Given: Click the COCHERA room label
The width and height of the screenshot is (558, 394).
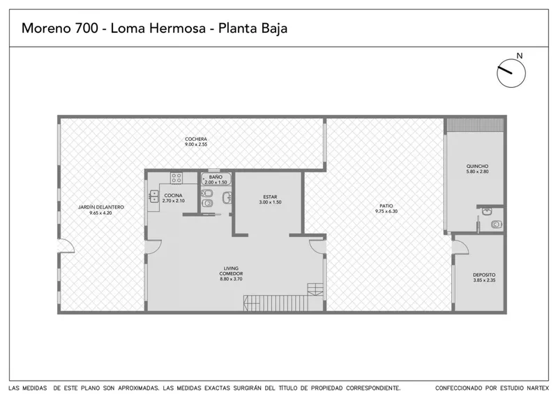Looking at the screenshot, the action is pos(196,139).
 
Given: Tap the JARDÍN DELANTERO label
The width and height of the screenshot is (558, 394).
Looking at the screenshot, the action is pos(101,207).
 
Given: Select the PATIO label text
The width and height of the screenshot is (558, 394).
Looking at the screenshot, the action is pos(386,206).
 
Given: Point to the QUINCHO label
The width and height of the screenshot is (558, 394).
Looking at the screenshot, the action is pos(477,166).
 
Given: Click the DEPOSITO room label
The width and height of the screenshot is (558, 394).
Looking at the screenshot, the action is pos(484,275).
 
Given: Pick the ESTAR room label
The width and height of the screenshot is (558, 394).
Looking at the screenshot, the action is pos(270,197).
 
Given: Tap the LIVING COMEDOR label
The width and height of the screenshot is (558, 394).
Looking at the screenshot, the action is pos(231,271).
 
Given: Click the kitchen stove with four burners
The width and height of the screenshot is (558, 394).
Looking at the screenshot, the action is pos(176,178).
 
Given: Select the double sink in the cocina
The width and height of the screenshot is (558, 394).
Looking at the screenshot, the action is pos(153,197).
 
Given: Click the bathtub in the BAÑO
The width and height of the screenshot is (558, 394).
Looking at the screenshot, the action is pos(216,179).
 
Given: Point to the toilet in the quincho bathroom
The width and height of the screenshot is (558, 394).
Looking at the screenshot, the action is pos(497,225).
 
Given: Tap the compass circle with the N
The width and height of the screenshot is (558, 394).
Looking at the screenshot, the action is pos(511,73).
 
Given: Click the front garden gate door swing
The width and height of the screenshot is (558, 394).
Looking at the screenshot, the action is pos(66,245).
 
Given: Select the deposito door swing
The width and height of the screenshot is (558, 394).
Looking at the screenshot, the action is pos(461,247).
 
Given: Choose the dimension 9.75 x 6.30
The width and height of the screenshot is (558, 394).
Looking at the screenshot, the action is pos(386,211).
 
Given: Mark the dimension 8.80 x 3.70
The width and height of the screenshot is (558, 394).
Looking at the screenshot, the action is pos(231,279).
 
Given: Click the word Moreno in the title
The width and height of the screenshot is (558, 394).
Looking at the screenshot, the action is pos(47,28).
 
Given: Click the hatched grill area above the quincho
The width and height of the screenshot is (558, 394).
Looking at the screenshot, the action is pos(476,125).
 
